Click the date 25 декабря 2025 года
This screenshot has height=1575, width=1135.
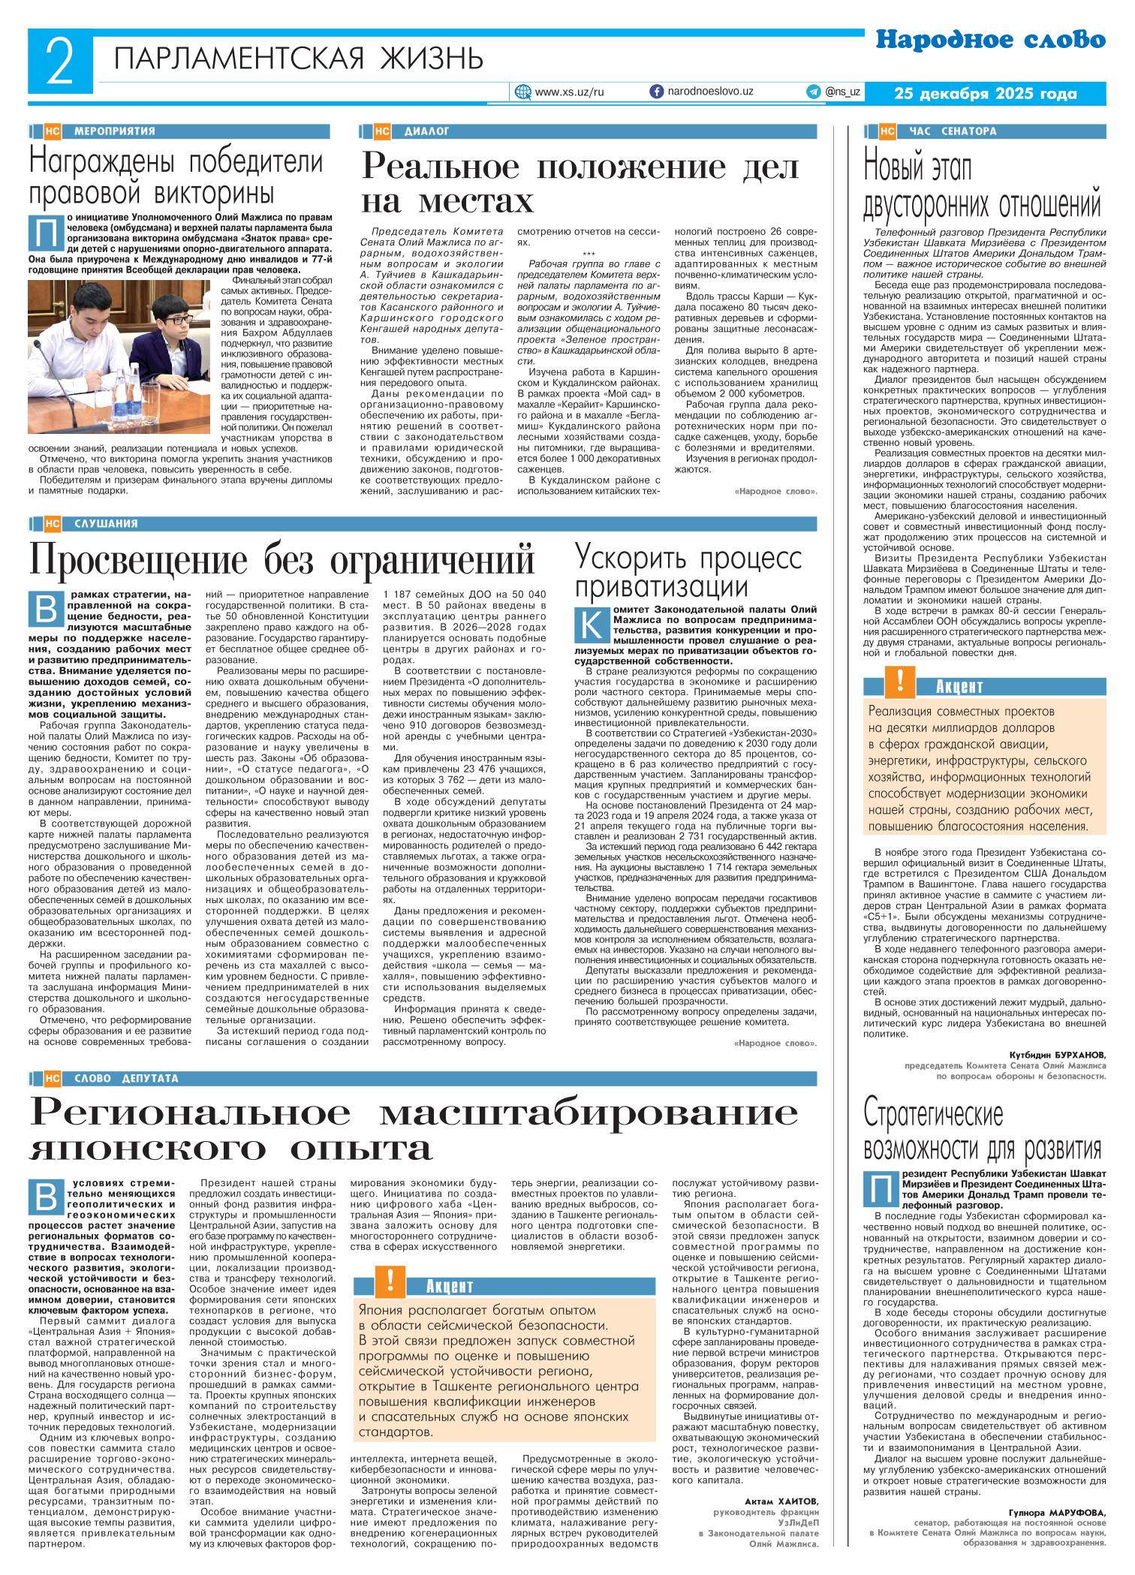point(986,94)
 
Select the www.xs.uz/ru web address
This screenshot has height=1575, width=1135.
point(569,92)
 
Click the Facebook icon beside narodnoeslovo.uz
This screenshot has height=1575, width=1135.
point(656,92)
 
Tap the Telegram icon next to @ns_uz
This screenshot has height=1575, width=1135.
point(813,92)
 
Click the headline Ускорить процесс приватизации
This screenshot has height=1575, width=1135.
point(688,572)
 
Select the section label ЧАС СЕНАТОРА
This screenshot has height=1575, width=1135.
point(952,131)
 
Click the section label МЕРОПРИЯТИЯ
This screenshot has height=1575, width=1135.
point(114,131)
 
